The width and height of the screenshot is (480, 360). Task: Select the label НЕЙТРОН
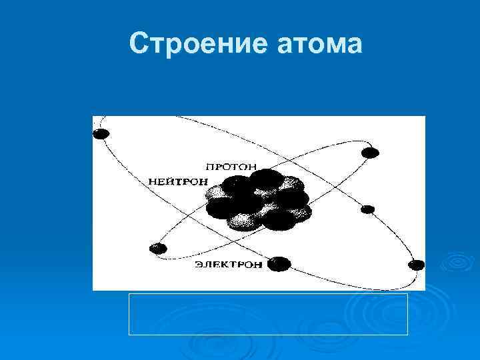(x=179, y=181)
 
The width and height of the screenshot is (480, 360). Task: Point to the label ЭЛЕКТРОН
(x=229, y=265)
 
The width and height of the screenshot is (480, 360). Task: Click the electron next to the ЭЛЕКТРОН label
(x=279, y=264)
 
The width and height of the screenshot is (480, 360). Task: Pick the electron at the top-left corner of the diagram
(x=101, y=134)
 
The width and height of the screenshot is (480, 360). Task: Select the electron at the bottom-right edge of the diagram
(x=417, y=265)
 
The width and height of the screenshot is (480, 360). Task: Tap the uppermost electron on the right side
(x=370, y=153)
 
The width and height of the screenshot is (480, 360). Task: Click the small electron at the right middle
(x=367, y=209)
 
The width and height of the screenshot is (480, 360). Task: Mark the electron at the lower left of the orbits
(x=158, y=248)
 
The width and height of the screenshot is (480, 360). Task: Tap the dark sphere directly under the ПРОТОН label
(x=267, y=179)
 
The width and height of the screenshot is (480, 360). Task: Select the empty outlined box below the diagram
(x=267, y=314)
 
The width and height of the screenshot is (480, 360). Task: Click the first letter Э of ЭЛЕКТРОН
(x=199, y=265)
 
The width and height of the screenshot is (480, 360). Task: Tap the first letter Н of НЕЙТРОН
(x=152, y=181)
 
